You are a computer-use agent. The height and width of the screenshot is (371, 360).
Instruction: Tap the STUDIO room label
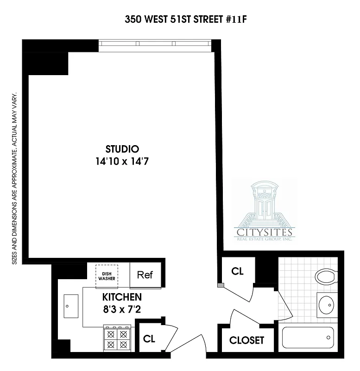[122, 149]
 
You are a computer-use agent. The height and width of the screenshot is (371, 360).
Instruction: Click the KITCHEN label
[122, 297]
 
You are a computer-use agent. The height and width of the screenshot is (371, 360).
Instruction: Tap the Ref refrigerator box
[145, 275]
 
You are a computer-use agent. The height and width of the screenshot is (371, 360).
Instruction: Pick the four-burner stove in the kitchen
[117, 339]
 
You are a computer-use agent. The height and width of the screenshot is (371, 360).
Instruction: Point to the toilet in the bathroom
[327, 277]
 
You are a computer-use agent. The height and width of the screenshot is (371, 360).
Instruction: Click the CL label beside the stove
[149, 339]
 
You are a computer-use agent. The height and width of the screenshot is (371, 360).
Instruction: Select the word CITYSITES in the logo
[264, 232]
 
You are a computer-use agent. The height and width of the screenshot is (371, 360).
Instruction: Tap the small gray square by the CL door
[221, 285]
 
